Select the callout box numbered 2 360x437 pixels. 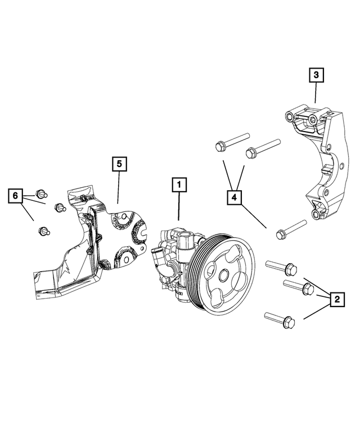(336, 299)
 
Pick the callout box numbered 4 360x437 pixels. (235, 197)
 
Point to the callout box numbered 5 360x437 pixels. (119, 164)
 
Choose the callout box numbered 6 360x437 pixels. (16, 196)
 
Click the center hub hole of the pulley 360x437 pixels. (224, 277)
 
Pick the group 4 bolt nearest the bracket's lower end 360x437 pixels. (290, 230)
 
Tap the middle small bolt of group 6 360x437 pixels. (58, 208)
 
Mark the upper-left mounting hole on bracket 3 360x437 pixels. (290, 117)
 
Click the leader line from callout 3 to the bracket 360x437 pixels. (316, 93)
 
